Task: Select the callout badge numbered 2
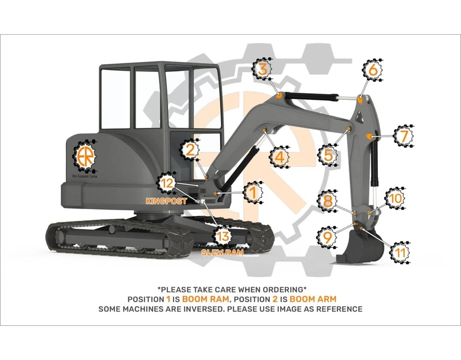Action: point(191,150)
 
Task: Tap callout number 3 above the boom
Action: point(262,69)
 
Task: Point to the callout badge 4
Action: point(279,156)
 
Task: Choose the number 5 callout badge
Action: point(328,155)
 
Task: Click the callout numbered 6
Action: point(373,70)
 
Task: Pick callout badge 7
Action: point(403,136)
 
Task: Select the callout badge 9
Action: point(327,236)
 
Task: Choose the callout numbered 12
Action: point(167,183)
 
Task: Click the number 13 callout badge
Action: point(223,236)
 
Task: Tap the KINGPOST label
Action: point(166,202)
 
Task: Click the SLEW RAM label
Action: point(222,252)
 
